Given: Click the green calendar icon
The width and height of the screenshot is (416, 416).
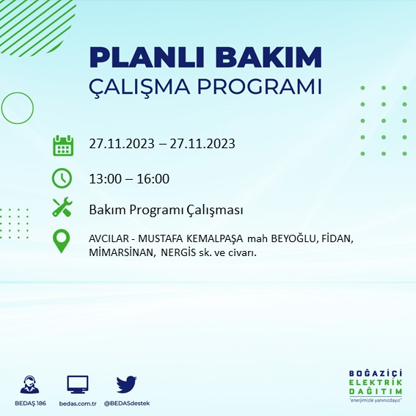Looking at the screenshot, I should (x=63, y=145).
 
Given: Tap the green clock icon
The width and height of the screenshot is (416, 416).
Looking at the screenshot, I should (x=63, y=178).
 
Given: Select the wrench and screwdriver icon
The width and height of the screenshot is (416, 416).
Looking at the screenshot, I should (x=63, y=208).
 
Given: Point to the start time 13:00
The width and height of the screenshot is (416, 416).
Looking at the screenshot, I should (x=104, y=178).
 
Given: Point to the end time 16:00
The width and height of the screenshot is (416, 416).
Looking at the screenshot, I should (x=153, y=178).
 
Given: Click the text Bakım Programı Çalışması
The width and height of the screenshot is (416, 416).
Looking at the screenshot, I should (x=165, y=210).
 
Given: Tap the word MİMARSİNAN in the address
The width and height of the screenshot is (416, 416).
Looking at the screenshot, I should (x=120, y=252).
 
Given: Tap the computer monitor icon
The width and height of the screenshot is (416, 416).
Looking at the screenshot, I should (x=77, y=384).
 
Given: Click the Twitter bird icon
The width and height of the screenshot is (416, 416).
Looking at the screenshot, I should (x=126, y=384).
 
